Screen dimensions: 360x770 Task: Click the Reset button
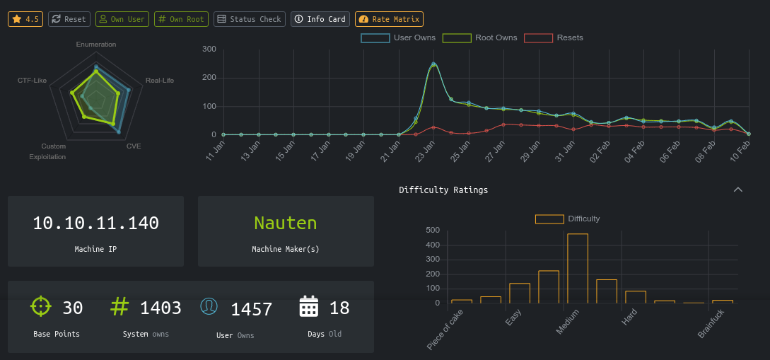[x=69, y=19]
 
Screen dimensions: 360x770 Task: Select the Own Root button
[x=181, y=19]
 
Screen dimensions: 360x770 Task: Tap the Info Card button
[x=320, y=19]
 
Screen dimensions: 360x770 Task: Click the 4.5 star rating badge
[x=25, y=19]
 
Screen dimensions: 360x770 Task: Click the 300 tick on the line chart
[x=209, y=49]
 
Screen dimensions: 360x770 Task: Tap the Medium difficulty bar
[x=578, y=268]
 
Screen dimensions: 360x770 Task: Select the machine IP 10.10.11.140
[x=95, y=223]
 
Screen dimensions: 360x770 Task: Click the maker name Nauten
[x=286, y=223]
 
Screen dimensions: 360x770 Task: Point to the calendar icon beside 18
[x=309, y=307]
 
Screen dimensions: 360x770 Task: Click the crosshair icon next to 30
[x=41, y=306]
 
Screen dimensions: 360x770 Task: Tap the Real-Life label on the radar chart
[x=159, y=81]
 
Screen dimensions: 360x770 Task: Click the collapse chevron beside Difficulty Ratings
[x=738, y=190]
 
